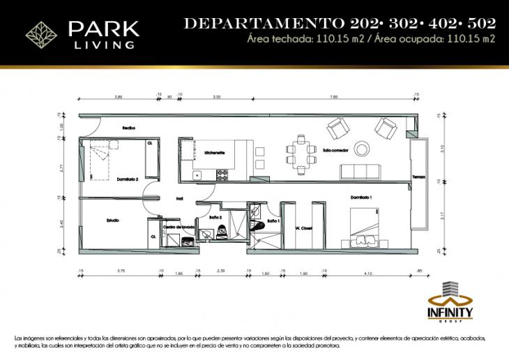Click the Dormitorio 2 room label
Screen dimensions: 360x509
[x=128, y=179]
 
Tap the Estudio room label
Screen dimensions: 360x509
[x=113, y=220]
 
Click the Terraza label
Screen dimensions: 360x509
[x=418, y=176]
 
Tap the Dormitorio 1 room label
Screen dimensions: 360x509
[x=361, y=198]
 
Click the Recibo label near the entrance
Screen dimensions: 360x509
[x=128, y=128]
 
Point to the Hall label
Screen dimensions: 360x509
[x=179, y=199]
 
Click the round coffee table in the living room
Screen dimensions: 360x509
[x=363, y=149]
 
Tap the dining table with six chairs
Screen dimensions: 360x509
[x=301, y=154]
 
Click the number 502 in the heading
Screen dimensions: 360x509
[x=481, y=23]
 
